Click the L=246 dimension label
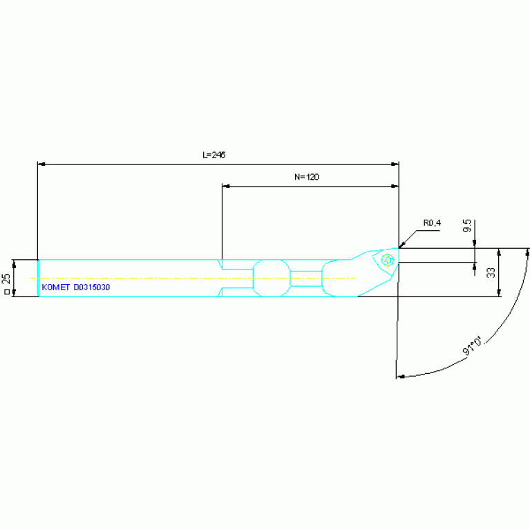pyautogui.click(x=214, y=155)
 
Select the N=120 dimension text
pyautogui.click(x=307, y=177)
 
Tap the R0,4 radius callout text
pyautogui.click(x=432, y=223)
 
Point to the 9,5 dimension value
pyautogui.click(x=467, y=225)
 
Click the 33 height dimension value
pyautogui.click(x=491, y=272)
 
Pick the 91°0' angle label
pyautogui.click(x=472, y=345)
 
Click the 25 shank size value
pyautogui.click(x=6, y=278)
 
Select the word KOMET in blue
pyautogui.click(x=55, y=287)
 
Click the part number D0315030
pyautogui.click(x=92, y=287)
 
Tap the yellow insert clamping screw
pyautogui.click(x=388, y=261)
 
